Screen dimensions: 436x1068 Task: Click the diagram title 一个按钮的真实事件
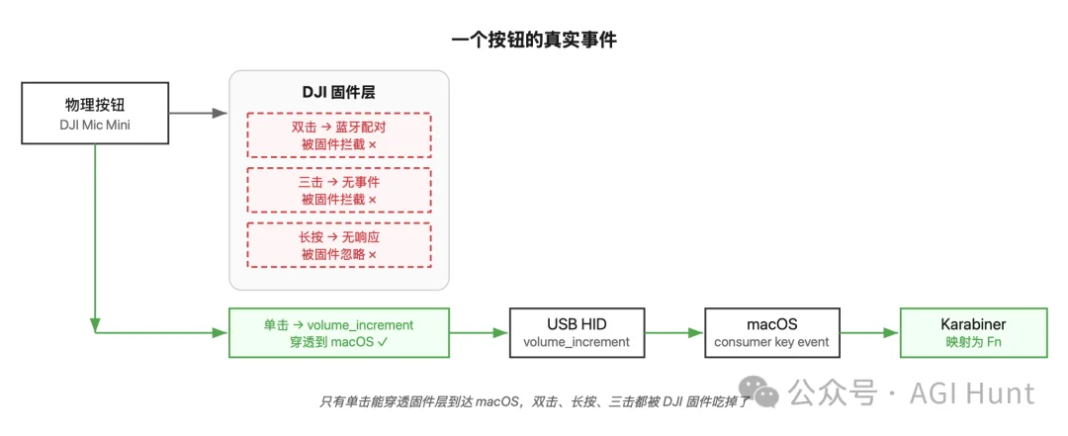tap(534, 40)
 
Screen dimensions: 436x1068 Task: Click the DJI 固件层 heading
tap(338, 92)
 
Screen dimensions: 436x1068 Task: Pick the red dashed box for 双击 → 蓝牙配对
tap(338, 135)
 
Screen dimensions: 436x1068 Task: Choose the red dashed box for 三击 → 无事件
tap(338, 190)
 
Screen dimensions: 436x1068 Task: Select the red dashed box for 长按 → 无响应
tap(338, 244)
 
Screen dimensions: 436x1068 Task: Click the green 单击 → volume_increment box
tap(338, 332)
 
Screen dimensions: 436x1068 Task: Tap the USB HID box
tap(576, 332)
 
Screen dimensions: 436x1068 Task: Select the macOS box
tap(771, 332)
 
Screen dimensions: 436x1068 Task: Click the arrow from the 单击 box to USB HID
tap(479, 332)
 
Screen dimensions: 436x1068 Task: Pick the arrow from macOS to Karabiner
tap(869, 332)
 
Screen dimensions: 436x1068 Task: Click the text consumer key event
tap(771, 342)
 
